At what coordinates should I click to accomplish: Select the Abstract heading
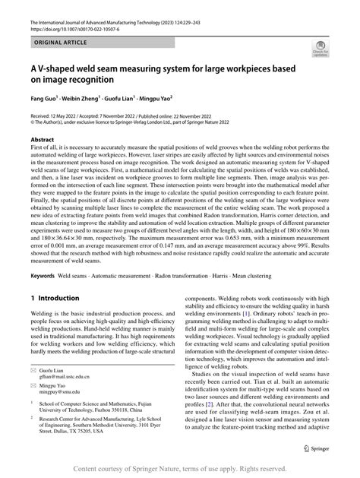(x=43, y=141)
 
